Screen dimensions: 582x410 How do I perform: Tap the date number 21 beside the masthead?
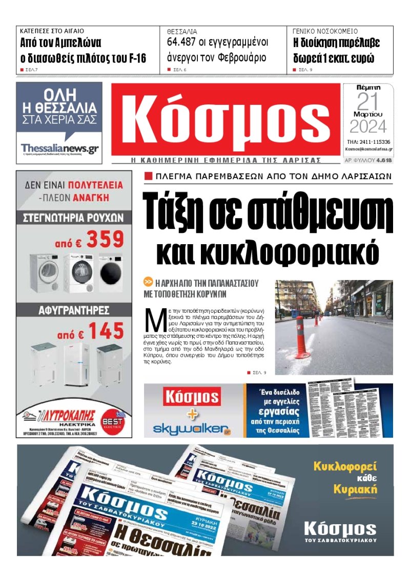coord(367,102)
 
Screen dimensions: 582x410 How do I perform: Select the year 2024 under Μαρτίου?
coord(368,126)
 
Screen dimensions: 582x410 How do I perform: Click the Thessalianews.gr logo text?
coord(59,149)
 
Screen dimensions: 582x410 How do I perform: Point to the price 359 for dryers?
coord(105,239)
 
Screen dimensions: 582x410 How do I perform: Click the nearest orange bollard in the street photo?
coord(301,337)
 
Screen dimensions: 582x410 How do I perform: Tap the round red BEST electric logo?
coord(113,417)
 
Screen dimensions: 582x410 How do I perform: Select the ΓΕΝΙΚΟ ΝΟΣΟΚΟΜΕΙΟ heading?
coord(325,31)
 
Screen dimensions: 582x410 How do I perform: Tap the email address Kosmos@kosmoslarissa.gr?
coord(368,149)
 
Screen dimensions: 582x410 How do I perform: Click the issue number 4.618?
coord(384,160)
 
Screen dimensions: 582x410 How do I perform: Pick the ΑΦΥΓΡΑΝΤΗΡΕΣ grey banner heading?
coord(74,310)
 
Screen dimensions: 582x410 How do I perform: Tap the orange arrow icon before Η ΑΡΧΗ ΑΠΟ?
coord(148,282)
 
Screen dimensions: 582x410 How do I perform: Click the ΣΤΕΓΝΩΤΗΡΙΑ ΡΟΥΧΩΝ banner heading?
coord(74,218)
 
